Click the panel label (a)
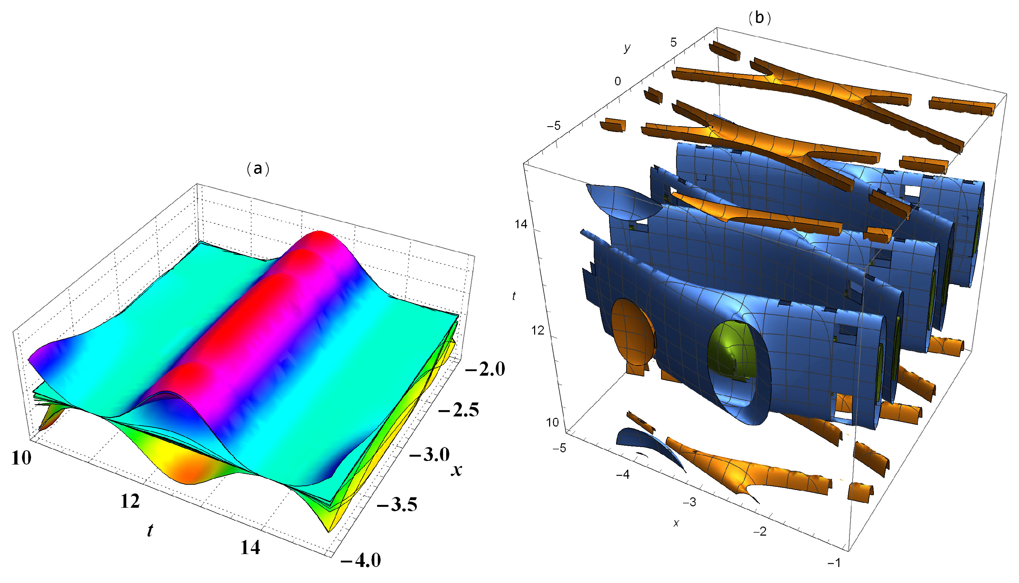pos(258,169)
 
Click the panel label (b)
pos(759,18)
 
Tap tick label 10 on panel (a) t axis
pos(21,458)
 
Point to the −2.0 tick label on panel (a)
pos(485,369)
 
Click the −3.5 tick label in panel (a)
pos(397,505)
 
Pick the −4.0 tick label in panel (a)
pos(360,560)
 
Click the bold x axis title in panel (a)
pos(456,469)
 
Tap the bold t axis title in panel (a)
pos(150,530)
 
